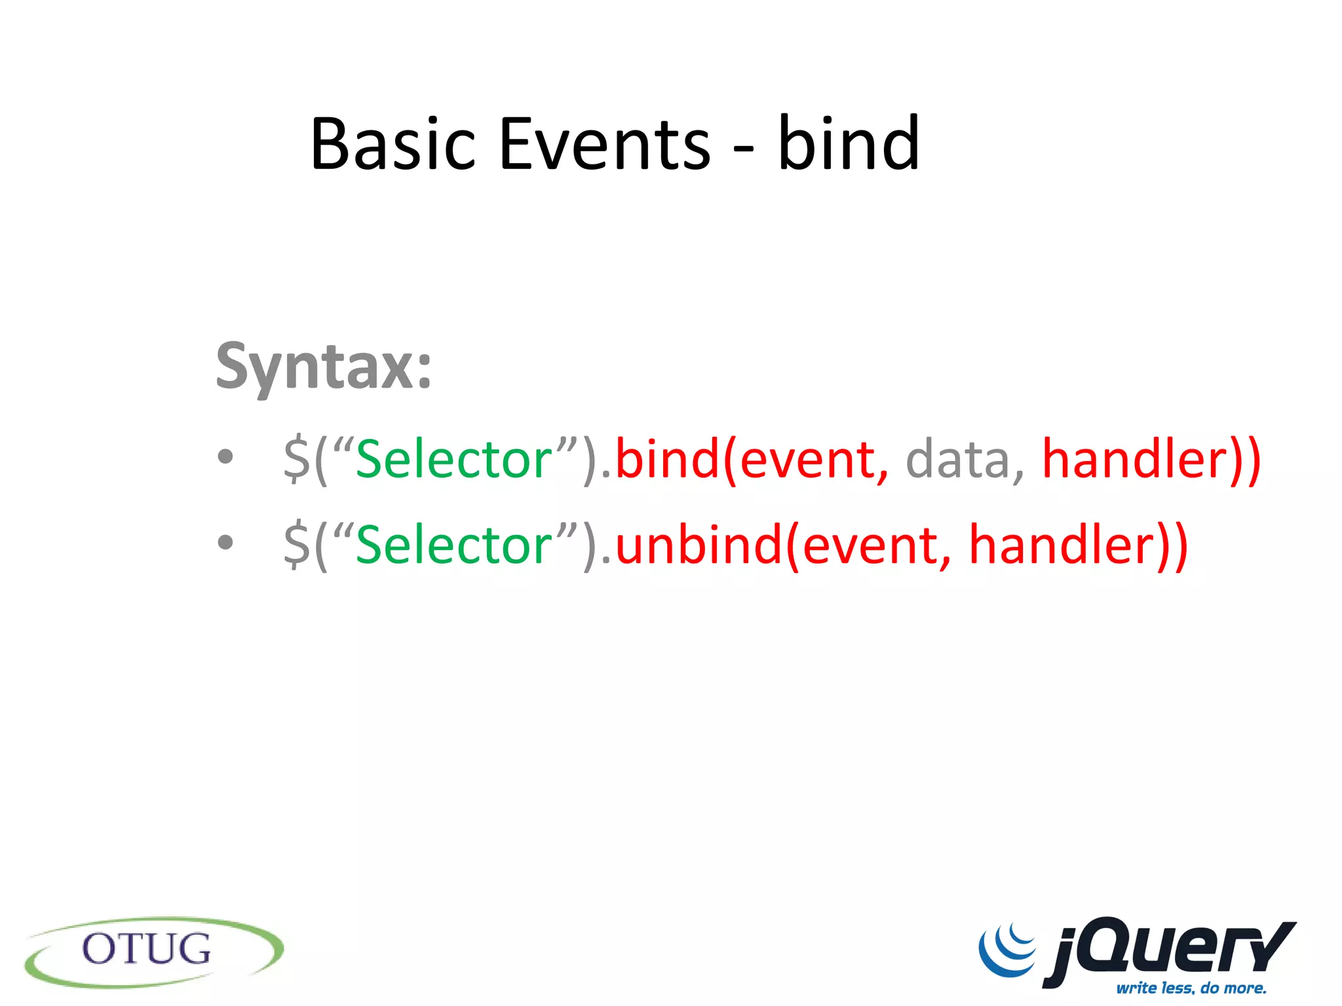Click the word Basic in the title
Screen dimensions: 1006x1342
392,143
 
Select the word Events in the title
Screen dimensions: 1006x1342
604,143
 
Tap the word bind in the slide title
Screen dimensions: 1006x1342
849,143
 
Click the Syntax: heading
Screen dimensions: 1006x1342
324,367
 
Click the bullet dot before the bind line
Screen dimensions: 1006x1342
225,457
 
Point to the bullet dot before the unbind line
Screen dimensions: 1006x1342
225,542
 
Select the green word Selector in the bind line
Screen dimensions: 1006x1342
454,459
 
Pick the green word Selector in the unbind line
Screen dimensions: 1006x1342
454,544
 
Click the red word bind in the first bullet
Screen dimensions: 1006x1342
667,459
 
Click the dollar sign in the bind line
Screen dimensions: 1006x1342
296,459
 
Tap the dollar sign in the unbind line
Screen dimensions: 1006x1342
296,544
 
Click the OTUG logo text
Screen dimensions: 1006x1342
146,949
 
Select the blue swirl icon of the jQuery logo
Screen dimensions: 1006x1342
1008,950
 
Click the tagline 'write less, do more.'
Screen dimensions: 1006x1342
1191,988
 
